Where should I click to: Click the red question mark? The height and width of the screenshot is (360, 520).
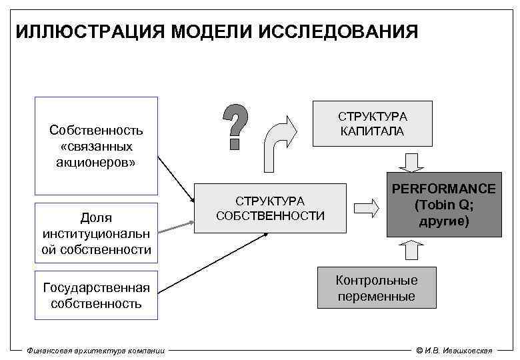(235, 127)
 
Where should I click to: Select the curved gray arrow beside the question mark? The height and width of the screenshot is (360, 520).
(279, 143)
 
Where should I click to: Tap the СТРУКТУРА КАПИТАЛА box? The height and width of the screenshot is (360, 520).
(372, 123)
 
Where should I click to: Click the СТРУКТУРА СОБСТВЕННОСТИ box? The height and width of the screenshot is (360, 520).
(270, 208)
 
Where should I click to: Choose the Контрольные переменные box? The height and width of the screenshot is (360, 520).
(376, 288)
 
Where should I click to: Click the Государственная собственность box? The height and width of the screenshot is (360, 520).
(96, 295)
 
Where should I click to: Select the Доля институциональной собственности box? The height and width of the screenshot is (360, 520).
(96, 233)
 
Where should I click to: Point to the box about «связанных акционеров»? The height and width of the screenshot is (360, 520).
(96, 145)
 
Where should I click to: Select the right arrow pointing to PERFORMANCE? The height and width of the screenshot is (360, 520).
(365, 207)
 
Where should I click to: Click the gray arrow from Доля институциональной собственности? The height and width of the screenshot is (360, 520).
(175, 224)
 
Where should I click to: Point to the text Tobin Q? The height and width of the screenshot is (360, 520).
(443, 205)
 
